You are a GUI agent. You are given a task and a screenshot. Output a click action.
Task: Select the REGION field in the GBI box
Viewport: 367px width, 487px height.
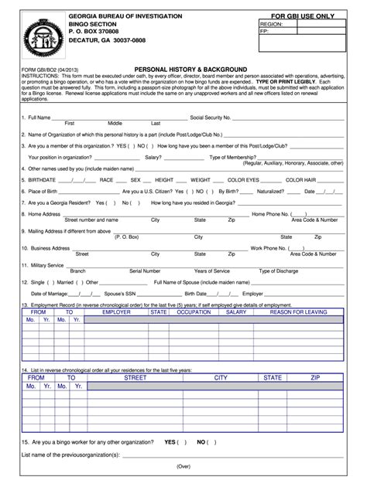(272, 25)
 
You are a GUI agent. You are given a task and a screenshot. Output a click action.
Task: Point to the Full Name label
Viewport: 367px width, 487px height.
(39, 117)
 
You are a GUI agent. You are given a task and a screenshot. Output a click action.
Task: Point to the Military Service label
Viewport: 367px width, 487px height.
(46, 265)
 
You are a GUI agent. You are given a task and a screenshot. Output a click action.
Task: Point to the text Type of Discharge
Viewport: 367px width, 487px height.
(279, 271)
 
